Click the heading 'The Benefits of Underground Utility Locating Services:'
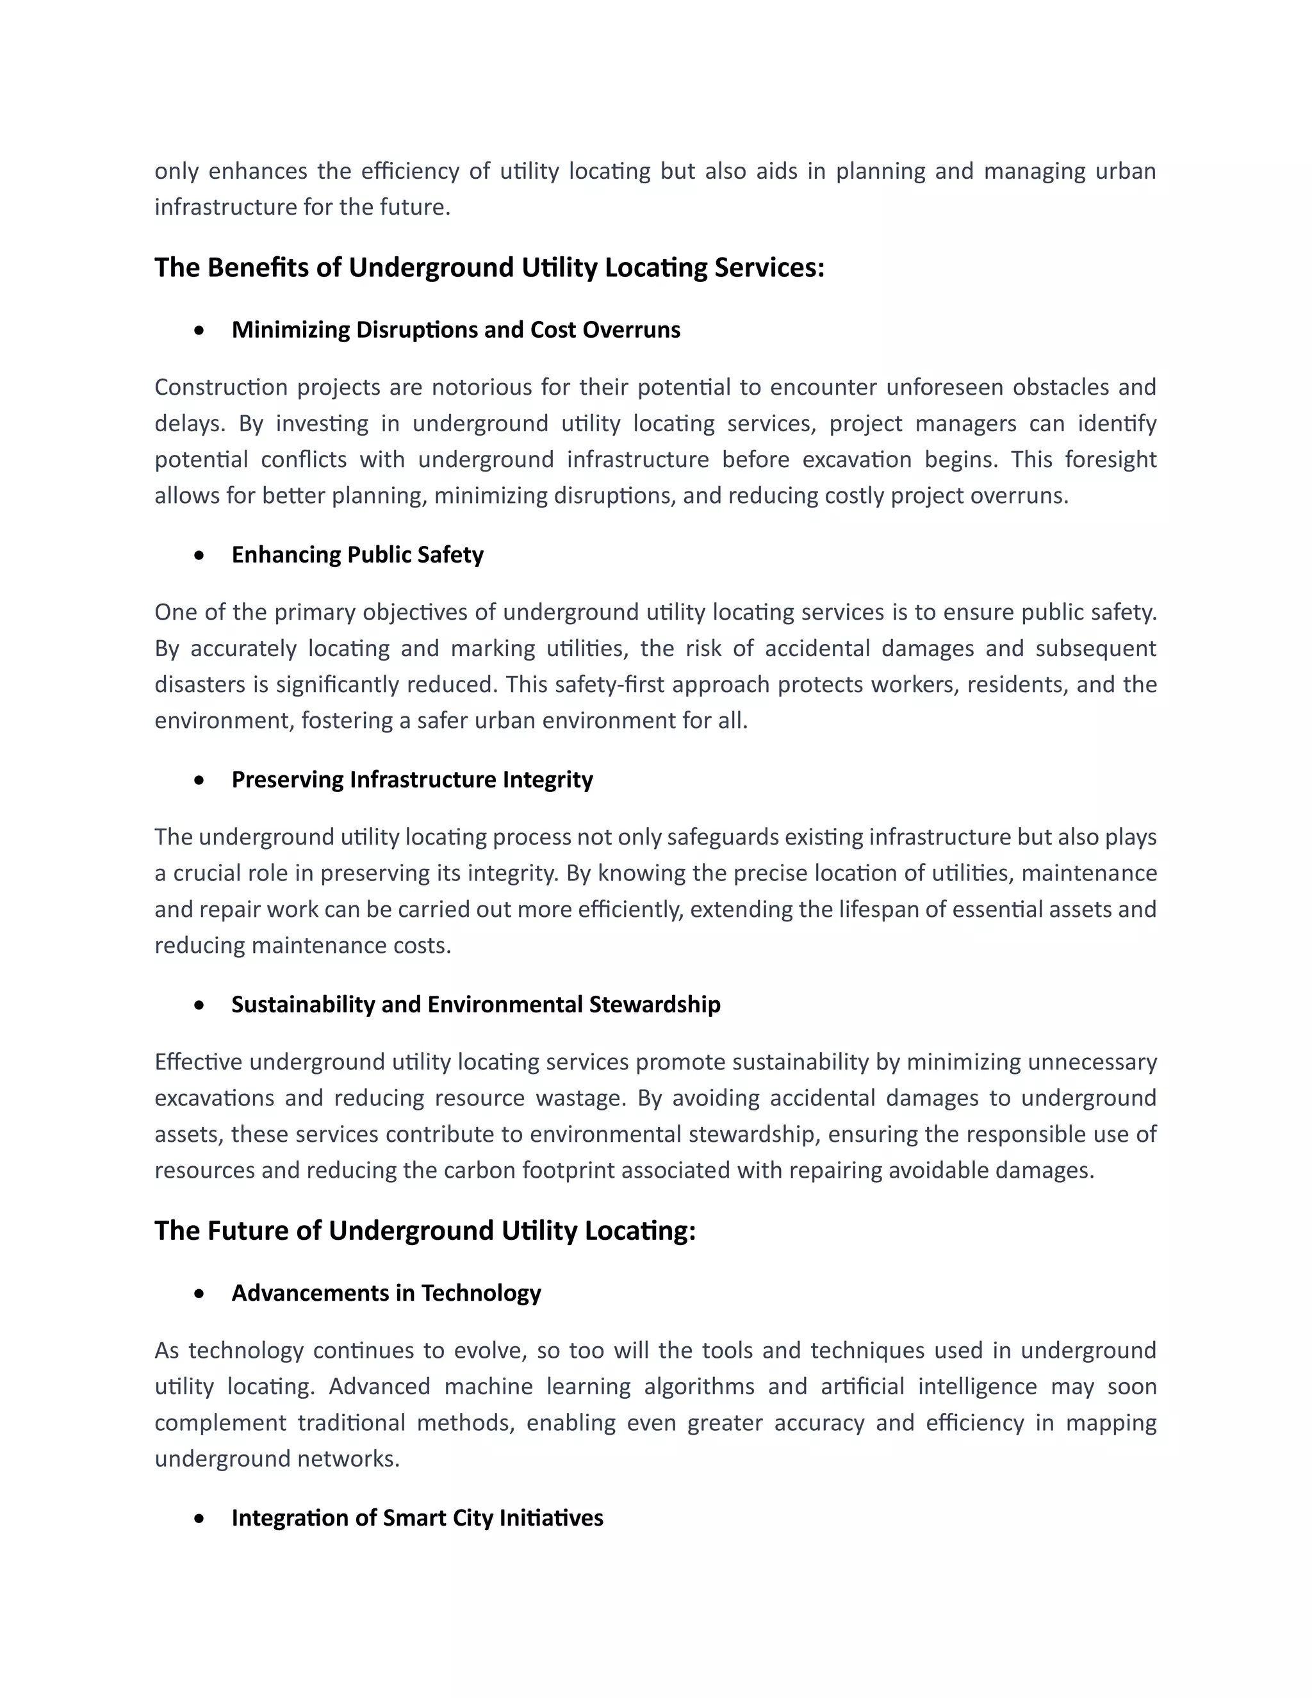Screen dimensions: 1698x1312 click(x=489, y=267)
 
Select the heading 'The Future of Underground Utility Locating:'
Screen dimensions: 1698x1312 click(x=424, y=1231)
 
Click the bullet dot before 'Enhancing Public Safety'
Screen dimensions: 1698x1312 click(x=201, y=555)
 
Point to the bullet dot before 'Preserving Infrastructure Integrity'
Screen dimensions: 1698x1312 click(x=201, y=780)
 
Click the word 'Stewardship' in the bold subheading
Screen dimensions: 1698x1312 click(x=655, y=1005)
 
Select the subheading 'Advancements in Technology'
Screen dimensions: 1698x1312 click(x=386, y=1293)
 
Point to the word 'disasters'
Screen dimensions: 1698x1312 click(x=198, y=684)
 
